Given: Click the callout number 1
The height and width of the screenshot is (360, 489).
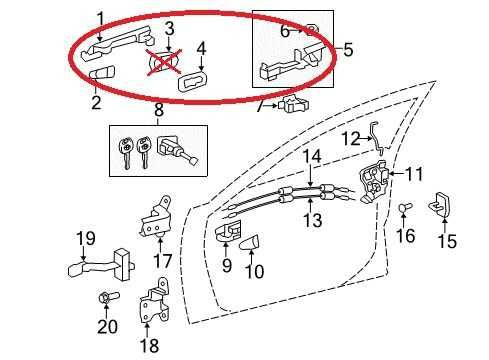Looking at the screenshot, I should pyautogui.click(x=100, y=17).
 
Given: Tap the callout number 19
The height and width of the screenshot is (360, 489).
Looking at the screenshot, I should pyautogui.click(x=85, y=239).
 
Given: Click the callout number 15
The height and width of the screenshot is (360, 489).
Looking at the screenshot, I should pyautogui.click(x=446, y=241).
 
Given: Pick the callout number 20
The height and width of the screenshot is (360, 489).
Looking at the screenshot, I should pyautogui.click(x=107, y=327).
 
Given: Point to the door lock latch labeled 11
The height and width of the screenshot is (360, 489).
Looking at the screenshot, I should pyautogui.click(x=376, y=181).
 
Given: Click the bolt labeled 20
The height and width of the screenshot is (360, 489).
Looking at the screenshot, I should pyautogui.click(x=105, y=298).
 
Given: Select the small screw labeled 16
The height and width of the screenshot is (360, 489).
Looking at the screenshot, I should pyautogui.click(x=405, y=209).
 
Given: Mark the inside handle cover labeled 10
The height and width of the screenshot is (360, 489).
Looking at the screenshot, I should pyautogui.click(x=252, y=241).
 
